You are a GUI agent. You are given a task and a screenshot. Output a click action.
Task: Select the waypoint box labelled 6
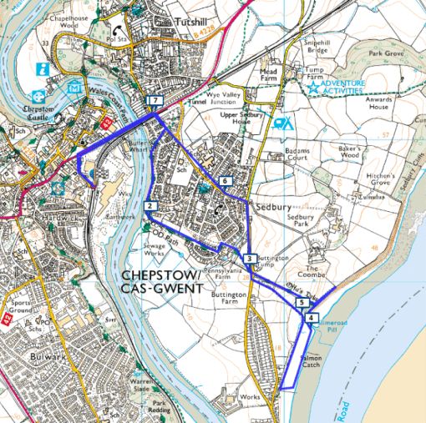225,181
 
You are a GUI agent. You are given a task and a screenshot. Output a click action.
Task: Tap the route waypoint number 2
150,206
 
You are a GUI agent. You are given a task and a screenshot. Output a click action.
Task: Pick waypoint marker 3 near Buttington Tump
249,259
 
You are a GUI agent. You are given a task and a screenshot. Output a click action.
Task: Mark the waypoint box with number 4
311,318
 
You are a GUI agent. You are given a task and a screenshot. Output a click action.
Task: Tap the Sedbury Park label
299,221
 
